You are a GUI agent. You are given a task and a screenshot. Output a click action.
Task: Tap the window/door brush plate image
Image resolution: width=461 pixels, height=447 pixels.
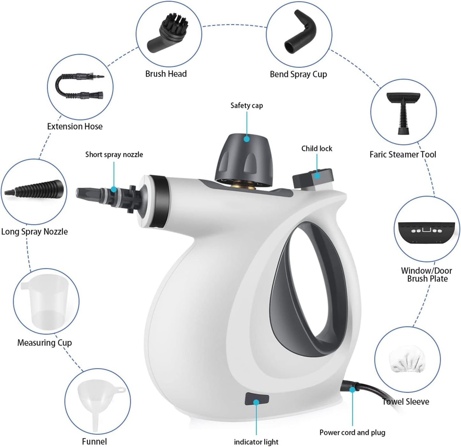coord(426,231)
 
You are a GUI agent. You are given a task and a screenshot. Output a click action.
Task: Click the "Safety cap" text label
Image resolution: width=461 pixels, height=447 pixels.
coord(247,106)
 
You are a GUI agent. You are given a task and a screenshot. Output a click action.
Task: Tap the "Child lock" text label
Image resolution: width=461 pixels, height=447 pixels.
coord(316,149)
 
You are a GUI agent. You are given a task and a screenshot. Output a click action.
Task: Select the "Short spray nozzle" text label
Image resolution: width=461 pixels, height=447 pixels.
coord(114,155)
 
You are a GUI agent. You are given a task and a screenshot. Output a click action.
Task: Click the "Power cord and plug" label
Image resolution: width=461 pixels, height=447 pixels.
coord(352,433)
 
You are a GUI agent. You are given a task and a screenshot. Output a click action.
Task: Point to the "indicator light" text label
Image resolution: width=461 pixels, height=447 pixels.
coord(256,442)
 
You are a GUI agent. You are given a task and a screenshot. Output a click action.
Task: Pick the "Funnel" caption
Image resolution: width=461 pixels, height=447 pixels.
coord(94,442)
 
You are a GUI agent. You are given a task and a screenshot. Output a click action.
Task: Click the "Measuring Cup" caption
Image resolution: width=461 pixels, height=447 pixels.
coord(44,343)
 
